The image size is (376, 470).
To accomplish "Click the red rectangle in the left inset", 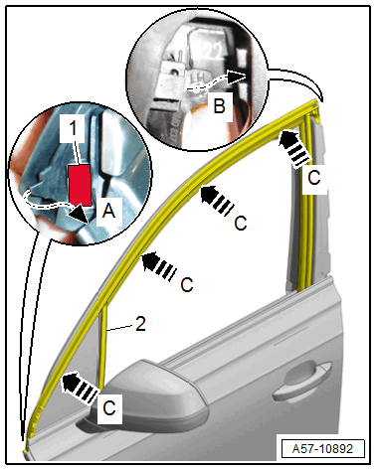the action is pos(80,186).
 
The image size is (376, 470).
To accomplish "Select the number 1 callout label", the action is pos(73,128).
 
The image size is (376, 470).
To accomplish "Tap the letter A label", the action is pos(108,211).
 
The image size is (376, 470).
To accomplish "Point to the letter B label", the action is pos(219,106).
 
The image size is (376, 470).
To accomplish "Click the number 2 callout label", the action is pos(140,324).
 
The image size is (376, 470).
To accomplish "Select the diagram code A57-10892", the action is pos(322,449).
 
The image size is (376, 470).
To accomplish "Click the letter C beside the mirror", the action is pos(109,408).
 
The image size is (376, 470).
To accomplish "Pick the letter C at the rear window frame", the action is pos(314,178).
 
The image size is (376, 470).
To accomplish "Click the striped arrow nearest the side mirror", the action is pos(79,387).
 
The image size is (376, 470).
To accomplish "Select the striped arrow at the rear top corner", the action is pos(294,147).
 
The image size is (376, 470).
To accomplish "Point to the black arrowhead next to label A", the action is pos(79,216).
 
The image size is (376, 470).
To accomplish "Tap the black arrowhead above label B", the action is pos(237,78).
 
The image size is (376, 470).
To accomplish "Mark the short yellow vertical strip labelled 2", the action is pos(102,345).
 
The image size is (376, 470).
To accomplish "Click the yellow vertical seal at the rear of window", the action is pos(306,206).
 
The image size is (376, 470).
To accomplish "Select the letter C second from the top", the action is pos(241,224).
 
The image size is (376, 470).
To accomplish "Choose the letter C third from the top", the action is pos(187,284).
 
